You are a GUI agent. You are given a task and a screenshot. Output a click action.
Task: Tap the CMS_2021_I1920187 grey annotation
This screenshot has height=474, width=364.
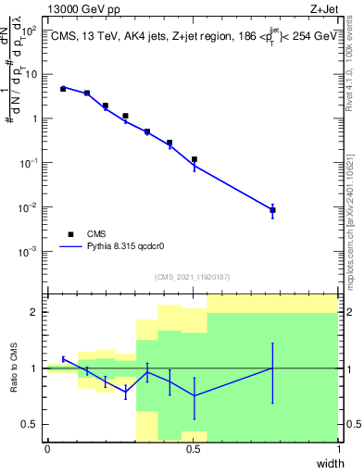point(193,277)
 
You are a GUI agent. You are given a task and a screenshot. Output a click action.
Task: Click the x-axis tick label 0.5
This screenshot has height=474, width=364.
point(193,449)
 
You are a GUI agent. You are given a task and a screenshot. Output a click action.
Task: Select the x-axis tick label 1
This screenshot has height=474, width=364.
point(338,449)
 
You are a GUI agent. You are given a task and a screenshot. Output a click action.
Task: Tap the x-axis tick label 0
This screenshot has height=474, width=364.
point(47,449)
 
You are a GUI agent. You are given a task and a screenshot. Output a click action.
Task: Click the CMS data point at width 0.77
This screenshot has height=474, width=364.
point(272,210)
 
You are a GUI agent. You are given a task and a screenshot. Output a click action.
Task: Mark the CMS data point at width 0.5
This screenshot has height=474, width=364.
point(194,159)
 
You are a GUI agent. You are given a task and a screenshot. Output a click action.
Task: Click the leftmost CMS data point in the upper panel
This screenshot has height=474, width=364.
point(63,89)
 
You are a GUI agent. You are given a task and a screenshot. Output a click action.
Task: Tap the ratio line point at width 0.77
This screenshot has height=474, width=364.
point(272,368)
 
